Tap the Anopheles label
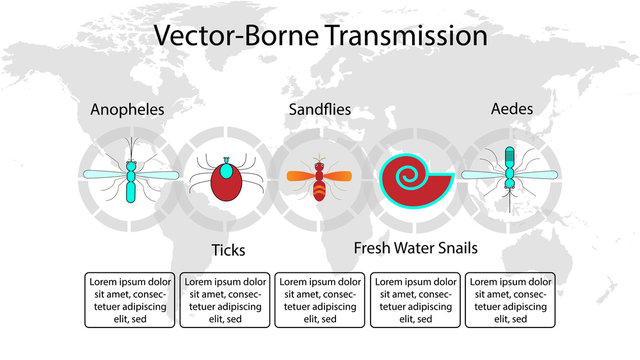[x=127, y=109]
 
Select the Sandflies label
[x=319, y=109]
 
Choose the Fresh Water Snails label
[x=415, y=247]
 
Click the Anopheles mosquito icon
[x=129, y=176]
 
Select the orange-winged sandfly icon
[x=320, y=178]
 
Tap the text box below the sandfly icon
[x=319, y=299]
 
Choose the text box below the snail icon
[x=415, y=299]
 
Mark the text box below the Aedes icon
[x=510, y=299]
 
